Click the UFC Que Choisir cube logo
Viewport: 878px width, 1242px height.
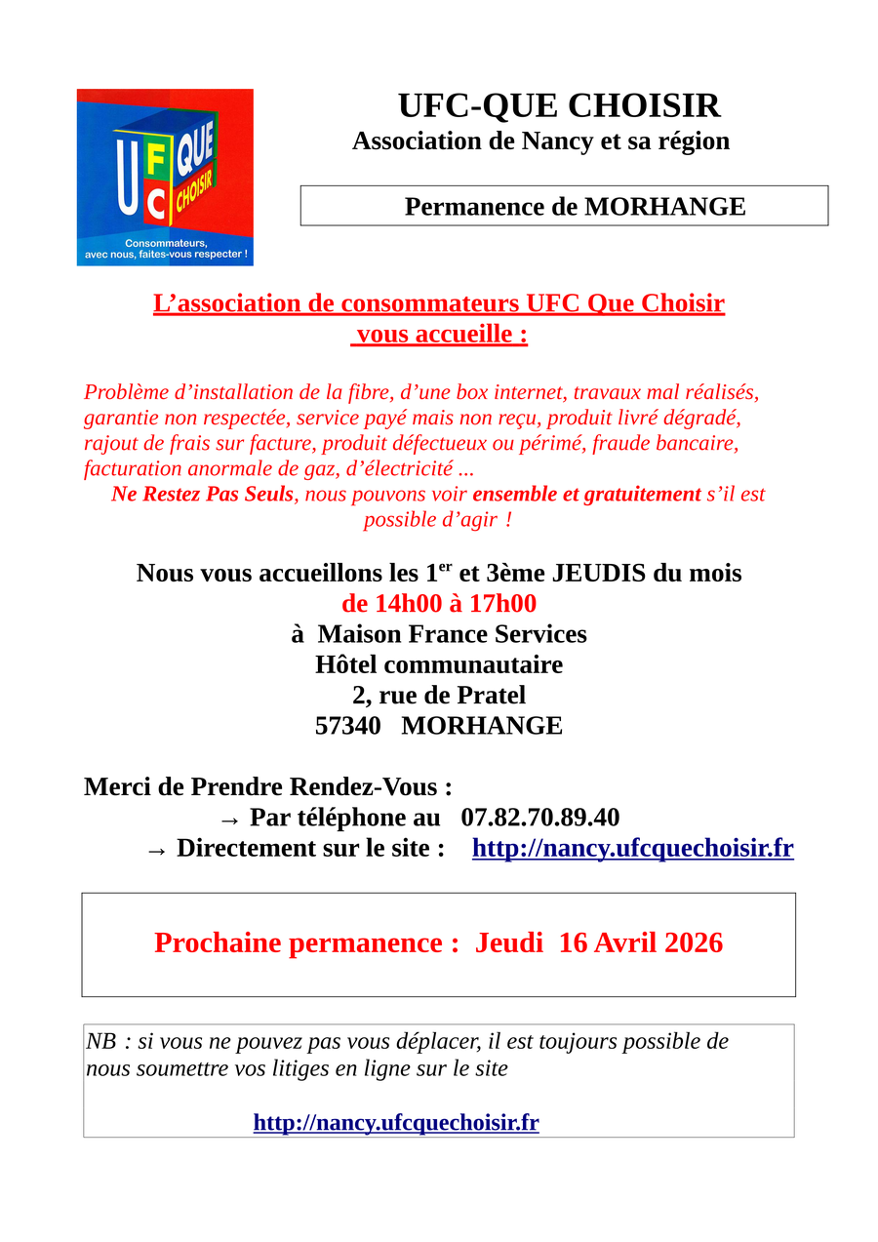[x=165, y=177]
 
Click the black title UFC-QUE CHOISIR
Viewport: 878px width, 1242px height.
[x=559, y=105]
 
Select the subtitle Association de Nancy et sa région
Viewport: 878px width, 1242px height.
[x=540, y=140]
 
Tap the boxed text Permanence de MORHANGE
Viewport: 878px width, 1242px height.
[x=575, y=207]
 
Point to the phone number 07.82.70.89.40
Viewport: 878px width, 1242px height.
[x=539, y=818]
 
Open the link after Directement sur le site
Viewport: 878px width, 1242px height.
[x=632, y=848]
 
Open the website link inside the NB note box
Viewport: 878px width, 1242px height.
[x=396, y=1122]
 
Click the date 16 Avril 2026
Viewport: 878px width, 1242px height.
[x=640, y=942]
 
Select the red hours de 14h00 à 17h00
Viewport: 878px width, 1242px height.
[x=439, y=604]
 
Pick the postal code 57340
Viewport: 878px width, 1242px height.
[x=347, y=726]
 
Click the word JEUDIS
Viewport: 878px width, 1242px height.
[x=598, y=573]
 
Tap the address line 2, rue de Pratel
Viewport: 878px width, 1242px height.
[x=439, y=696]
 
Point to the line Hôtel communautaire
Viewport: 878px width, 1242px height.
[x=439, y=665]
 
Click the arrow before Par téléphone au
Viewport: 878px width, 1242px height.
[x=229, y=820]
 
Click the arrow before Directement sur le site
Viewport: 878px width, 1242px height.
[x=156, y=850]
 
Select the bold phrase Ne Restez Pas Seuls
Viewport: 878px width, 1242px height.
[x=202, y=494]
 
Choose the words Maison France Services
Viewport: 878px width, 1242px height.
[x=452, y=634]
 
